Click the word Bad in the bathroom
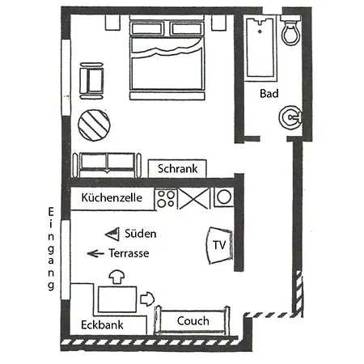click(269, 94)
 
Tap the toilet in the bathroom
click(290, 31)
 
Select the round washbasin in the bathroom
click(290, 117)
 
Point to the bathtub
click(260, 49)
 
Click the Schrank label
click(177, 169)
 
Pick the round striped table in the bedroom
click(94, 125)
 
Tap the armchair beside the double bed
click(91, 81)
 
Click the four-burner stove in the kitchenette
click(166, 199)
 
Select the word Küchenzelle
click(112, 197)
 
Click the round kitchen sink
click(224, 197)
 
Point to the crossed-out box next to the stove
click(194, 199)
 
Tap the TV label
click(219, 245)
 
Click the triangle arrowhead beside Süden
click(112, 234)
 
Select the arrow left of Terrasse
click(95, 253)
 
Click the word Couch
click(193, 321)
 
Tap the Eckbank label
click(102, 325)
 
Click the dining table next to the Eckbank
click(117, 299)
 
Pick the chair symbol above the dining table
click(116, 277)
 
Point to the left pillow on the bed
click(146, 29)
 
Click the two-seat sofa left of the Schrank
click(107, 165)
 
